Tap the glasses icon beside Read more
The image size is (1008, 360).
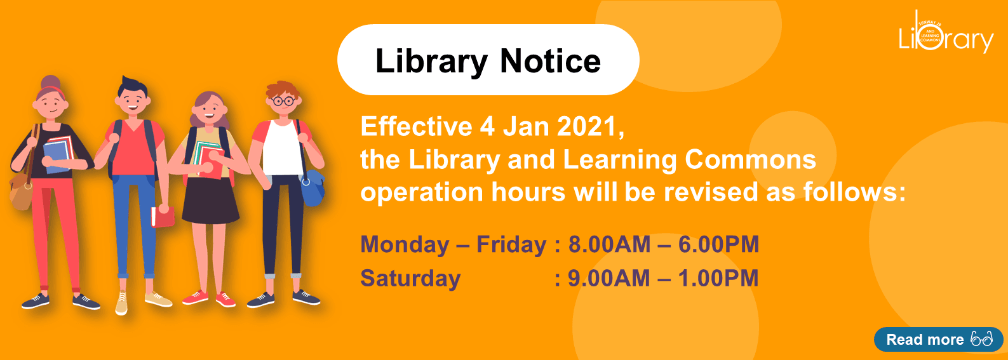point(982,340)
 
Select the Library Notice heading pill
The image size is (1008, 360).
point(488,60)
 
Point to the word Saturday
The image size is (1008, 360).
point(410,278)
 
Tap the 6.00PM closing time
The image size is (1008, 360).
point(718,244)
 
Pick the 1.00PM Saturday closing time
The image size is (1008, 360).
point(718,278)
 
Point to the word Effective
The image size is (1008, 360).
point(416,127)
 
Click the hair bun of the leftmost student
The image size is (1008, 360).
point(50,83)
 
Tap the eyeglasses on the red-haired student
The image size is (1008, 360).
point(283,101)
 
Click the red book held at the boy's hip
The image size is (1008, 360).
point(163,217)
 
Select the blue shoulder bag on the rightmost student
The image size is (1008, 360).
point(312,188)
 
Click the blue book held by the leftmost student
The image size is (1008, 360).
point(56,155)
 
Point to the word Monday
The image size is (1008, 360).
point(405,244)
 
